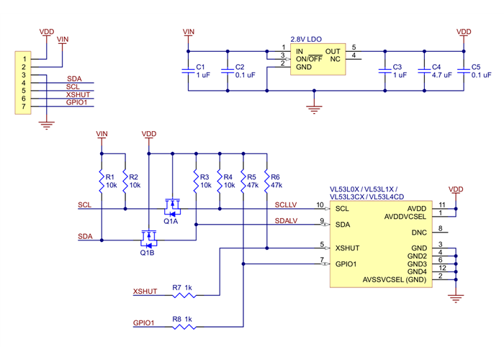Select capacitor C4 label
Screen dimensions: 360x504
pos(436,67)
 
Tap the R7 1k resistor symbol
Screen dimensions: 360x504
pos(183,295)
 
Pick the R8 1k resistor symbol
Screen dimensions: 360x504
pos(183,327)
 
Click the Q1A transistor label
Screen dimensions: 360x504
pos(171,222)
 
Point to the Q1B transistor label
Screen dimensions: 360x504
pos(147,253)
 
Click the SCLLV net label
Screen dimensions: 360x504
pos(287,204)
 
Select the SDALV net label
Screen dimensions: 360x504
pos(287,220)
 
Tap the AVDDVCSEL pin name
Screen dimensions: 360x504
pos(405,216)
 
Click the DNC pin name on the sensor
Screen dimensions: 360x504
pos(419,233)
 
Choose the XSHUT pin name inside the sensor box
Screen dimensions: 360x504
pos(348,248)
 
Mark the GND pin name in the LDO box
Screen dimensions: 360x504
pos(304,67)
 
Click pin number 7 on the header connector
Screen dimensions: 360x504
pos(24,107)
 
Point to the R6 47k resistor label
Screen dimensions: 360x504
pos(274,181)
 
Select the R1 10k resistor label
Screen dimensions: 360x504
pos(110,181)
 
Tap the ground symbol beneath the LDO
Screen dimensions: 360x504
pos(312,109)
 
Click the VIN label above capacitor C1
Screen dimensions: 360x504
pos(189,32)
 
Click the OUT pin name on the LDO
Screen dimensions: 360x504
pos(333,51)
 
